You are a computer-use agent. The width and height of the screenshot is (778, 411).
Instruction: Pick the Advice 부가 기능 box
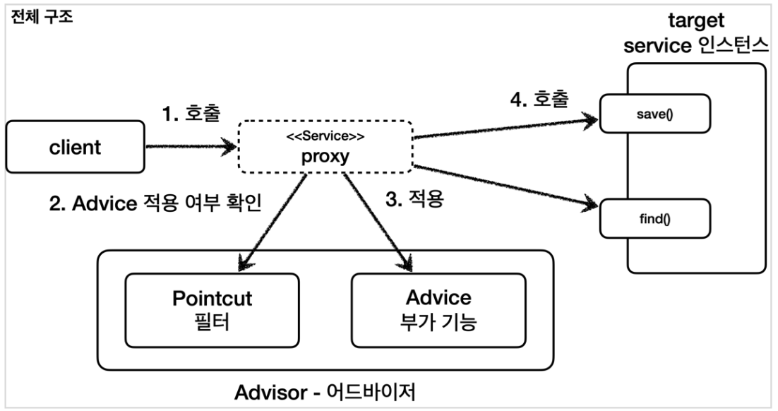(438, 310)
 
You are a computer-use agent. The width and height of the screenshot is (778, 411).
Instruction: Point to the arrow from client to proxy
(189, 147)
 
